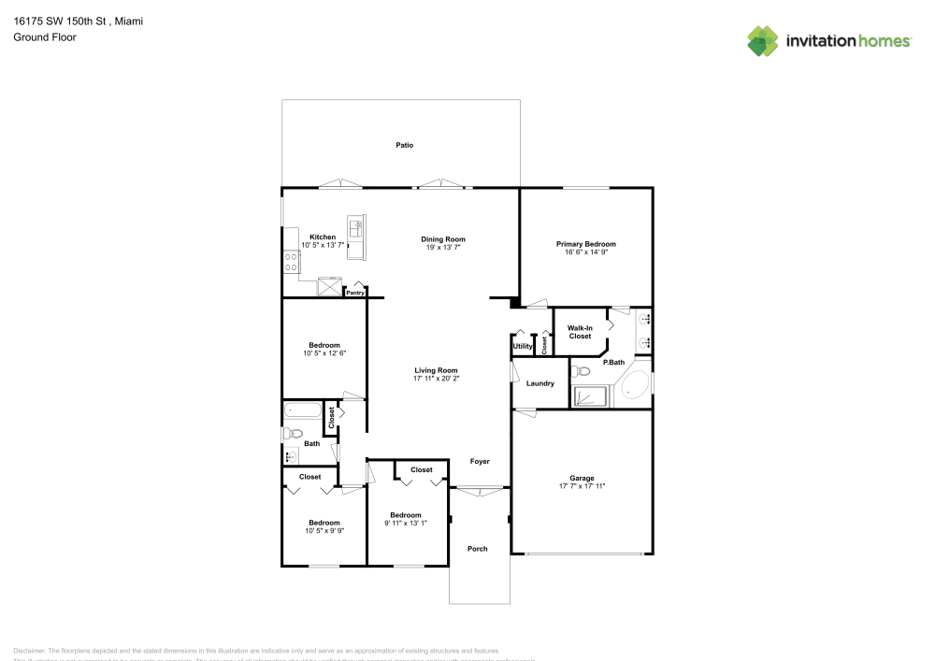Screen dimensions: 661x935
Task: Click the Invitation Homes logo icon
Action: pos(762,40)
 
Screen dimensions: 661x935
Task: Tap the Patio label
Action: pos(404,145)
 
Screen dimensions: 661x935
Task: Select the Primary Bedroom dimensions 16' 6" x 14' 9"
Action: pos(586,252)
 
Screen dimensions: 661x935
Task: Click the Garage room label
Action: pos(583,478)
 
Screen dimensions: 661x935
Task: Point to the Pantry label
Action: pos(355,293)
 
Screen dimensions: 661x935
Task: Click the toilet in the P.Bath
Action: pos(584,370)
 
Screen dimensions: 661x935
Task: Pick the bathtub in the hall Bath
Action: pos(302,410)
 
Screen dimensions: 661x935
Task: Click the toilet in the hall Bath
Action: pos(293,433)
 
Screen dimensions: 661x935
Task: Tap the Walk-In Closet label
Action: pos(580,332)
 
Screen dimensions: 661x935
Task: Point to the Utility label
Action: pos(522,347)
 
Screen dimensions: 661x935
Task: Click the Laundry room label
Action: pos(540,383)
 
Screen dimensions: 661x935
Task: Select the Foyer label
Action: pos(480,461)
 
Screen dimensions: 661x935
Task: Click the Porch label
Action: pos(477,549)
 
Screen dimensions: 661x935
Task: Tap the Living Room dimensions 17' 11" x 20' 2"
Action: pos(435,379)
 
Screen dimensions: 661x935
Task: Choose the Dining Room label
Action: pos(442,239)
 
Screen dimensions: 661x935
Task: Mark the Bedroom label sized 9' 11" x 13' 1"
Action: pos(406,515)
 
